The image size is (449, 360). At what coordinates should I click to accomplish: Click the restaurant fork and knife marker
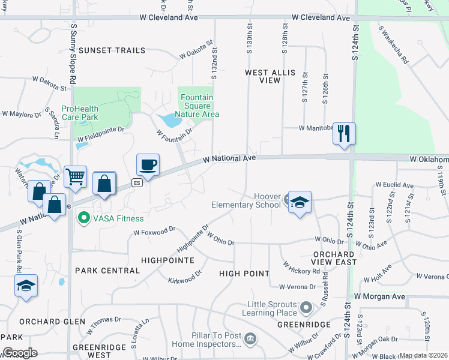click(344, 133)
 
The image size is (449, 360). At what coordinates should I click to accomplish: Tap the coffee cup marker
click(148, 164)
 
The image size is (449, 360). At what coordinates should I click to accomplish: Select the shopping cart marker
click(75, 176)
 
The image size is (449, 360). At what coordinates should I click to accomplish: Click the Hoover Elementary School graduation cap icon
click(300, 203)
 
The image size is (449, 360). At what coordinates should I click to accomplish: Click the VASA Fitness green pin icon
click(85, 218)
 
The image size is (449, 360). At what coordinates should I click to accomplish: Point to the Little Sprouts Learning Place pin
click(306, 308)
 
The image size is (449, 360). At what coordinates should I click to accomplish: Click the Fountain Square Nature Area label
click(197, 106)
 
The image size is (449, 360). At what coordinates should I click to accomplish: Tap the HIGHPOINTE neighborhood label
click(167, 260)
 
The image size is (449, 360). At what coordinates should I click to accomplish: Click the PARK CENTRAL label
click(107, 271)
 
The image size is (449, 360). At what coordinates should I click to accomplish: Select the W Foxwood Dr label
click(154, 229)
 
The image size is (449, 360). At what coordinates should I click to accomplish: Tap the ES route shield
click(137, 183)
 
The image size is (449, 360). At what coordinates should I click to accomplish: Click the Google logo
click(19, 353)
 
